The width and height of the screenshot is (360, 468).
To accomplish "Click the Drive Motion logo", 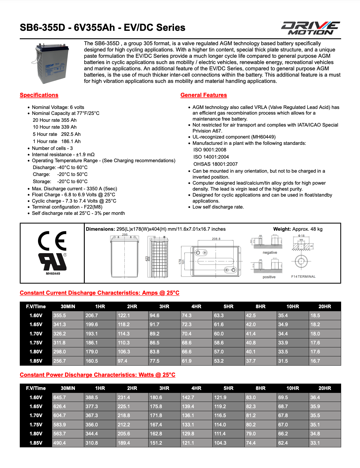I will coord(310,28).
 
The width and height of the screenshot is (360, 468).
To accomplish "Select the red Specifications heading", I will coord(39,95).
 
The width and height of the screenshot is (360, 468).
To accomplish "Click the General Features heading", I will coord(204,95).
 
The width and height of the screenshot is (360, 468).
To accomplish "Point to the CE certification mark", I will coord(52,241).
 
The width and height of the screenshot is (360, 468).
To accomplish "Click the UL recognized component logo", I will coord(53,262).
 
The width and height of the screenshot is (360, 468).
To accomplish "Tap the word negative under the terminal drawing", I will coord(270,253).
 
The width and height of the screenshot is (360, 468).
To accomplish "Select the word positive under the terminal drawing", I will coord(269,277).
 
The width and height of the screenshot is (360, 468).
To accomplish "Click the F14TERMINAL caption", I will coord(303,276).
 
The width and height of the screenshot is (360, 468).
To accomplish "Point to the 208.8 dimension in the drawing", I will coord(216,239).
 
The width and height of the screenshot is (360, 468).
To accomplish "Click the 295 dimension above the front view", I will coord(125,235).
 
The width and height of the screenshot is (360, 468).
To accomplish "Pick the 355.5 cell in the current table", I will coord(60,315).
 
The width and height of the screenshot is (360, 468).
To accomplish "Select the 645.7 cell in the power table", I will coord(60,397).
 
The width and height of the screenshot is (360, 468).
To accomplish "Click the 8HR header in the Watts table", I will coord(261,388).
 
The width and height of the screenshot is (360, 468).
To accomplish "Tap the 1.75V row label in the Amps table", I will coord(36,343).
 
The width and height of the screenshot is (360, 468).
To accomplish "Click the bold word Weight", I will coord(282,229).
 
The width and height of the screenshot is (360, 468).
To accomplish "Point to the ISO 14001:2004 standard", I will coord(211,157).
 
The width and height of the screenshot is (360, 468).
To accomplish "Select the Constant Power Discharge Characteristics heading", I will coord(97,375).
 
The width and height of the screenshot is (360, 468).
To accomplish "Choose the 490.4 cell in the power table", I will coord(60,443).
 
